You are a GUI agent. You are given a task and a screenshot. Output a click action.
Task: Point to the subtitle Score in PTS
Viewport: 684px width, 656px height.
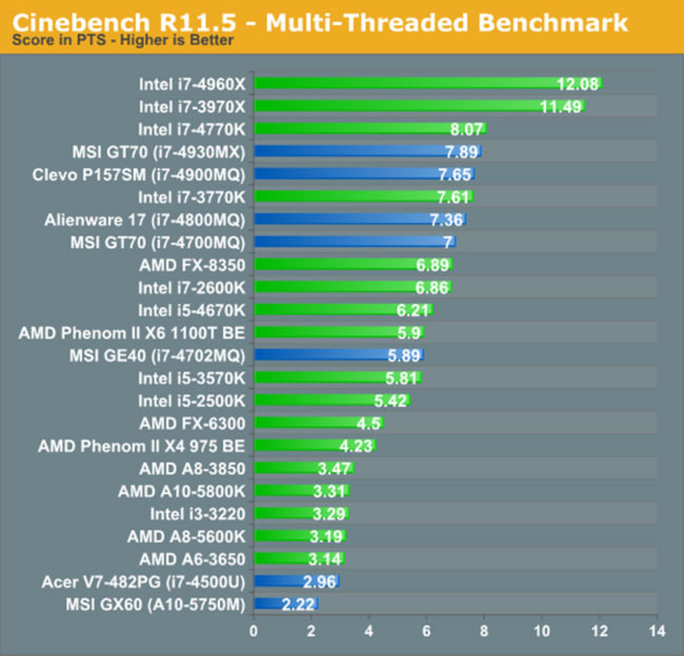tap(123, 40)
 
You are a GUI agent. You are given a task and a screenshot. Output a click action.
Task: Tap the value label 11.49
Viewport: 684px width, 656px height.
tap(561, 106)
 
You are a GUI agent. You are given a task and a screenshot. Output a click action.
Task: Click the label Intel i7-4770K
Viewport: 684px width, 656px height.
tap(192, 129)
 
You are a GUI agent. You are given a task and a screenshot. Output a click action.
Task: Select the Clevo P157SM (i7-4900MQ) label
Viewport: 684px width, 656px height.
tap(139, 175)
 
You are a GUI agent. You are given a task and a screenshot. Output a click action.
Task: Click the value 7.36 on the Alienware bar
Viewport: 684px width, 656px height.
tap(446, 220)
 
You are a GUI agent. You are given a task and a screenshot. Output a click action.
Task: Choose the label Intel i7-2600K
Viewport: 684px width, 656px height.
tap(192, 288)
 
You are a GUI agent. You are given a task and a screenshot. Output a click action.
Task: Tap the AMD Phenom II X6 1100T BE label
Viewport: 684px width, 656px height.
tap(132, 333)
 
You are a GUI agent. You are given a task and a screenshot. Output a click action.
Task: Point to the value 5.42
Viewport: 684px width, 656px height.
tap(390, 401)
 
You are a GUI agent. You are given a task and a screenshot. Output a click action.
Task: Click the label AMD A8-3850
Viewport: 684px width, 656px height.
tap(192, 468)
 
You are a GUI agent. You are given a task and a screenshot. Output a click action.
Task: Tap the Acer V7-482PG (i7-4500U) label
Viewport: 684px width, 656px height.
tap(144, 582)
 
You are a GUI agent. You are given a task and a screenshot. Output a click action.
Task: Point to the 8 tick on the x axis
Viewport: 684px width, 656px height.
tap(484, 631)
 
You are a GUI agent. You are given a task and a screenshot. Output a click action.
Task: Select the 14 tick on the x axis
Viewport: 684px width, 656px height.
tap(657, 631)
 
